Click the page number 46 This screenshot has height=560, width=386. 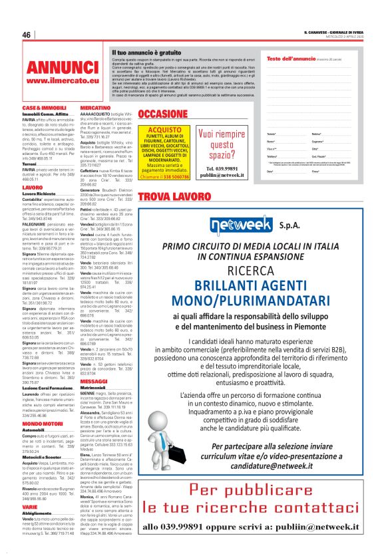coord(27,35)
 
